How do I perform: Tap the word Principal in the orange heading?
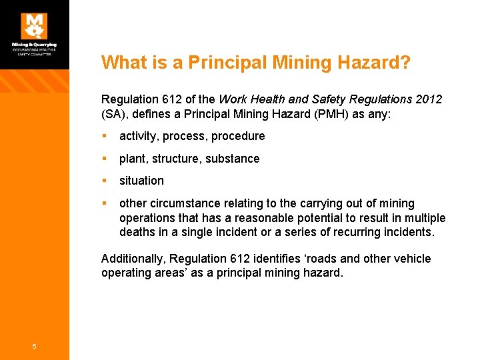coord(217,63)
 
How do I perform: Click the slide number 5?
coord(35,345)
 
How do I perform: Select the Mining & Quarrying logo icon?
coord(34,26)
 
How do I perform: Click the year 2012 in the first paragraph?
coord(427,99)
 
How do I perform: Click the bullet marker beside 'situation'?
coord(105,181)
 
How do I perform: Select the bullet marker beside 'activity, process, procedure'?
coord(105,136)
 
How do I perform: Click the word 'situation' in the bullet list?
coord(141,181)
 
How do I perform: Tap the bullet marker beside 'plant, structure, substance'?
coord(105,159)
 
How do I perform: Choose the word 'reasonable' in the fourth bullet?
coord(248,218)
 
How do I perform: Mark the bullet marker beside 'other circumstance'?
coord(105,203)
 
